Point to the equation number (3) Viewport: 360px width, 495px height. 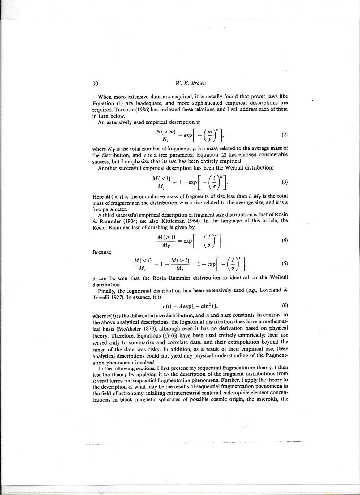click(x=285, y=182)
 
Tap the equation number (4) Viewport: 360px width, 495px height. click(x=285, y=240)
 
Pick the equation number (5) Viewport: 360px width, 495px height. click(x=285, y=264)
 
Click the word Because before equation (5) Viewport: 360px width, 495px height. click(x=102, y=252)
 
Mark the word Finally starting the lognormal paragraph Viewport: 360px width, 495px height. click(x=107, y=291)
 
